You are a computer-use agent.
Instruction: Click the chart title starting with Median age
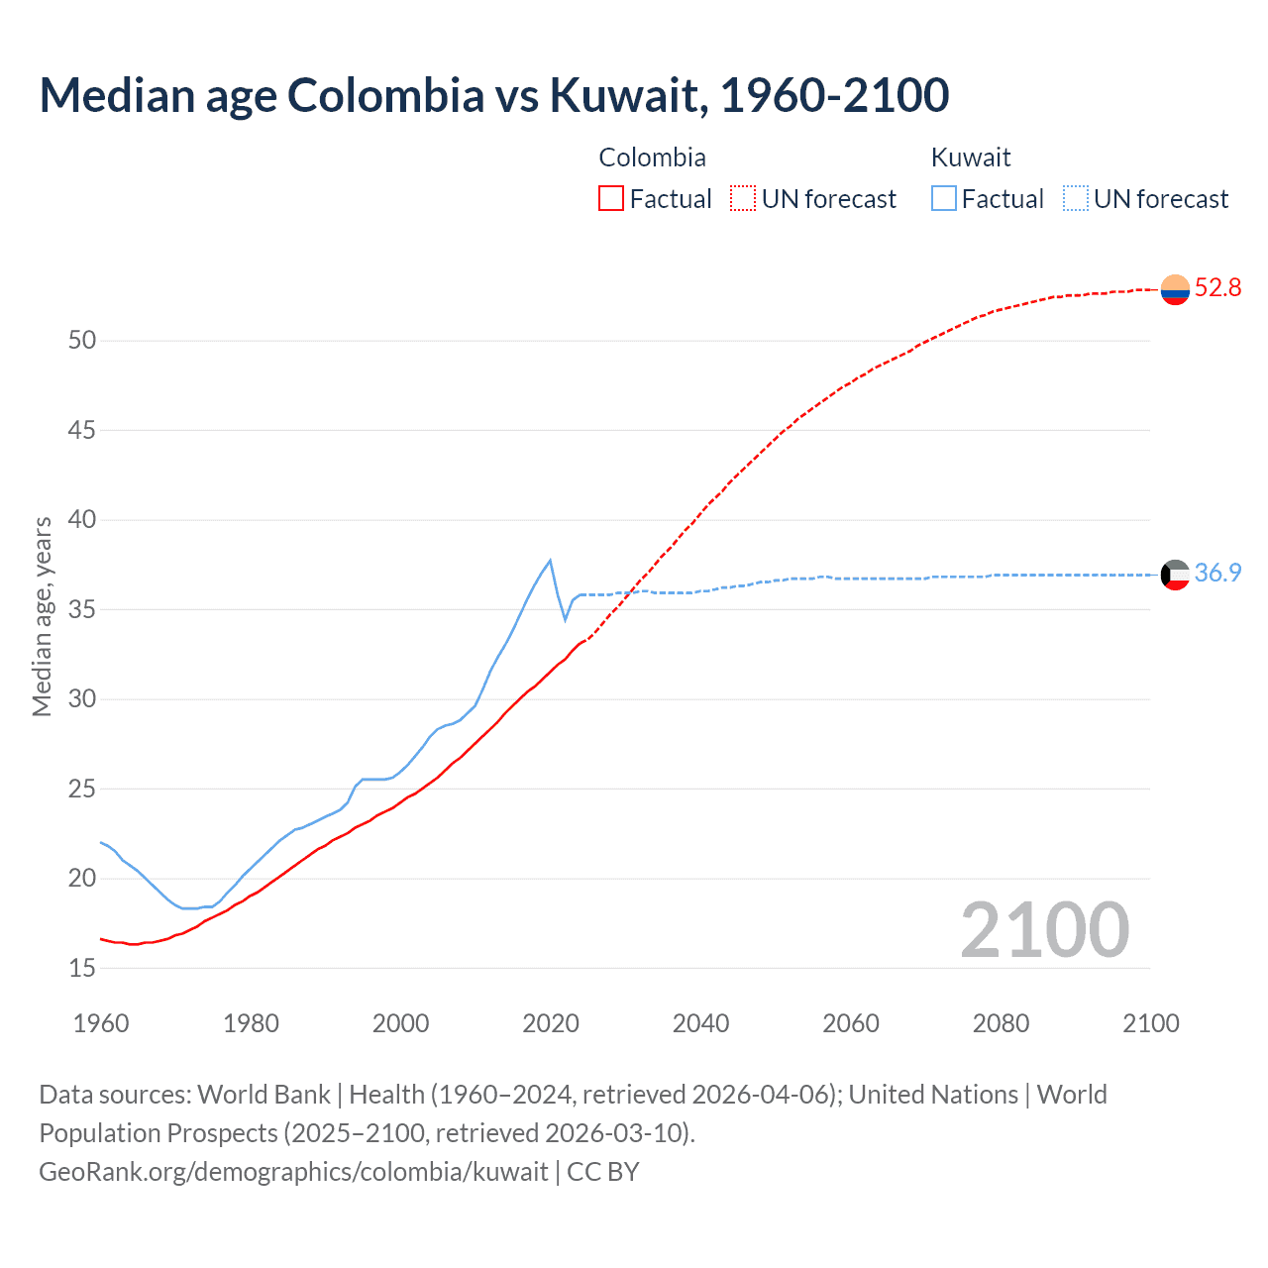point(493,95)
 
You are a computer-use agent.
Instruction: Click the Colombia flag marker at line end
point(1175,289)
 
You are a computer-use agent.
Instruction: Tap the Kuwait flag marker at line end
point(1175,575)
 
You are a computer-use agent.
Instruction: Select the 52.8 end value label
point(1217,288)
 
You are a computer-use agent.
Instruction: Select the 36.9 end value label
point(1217,574)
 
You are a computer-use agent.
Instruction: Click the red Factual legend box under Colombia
point(611,198)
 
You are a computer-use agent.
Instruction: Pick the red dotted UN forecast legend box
point(743,198)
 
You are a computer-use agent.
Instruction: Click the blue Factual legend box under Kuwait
point(944,198)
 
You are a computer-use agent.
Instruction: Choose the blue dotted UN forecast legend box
point(1076,198)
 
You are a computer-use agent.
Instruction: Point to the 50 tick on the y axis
point(82,341)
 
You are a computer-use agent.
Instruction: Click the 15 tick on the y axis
point(82,968)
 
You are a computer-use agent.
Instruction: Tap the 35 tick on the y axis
point(82,609)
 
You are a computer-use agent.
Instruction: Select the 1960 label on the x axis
point(101,1023)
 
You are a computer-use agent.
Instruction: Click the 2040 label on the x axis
point(700,1023)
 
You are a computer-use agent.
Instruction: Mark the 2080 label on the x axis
point(1001,1023)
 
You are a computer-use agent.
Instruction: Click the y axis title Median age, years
point(42,616)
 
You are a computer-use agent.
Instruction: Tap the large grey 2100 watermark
point(1044,929)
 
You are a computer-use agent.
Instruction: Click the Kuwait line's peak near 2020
point(550,561)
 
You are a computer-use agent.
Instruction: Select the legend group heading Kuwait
point(971,158)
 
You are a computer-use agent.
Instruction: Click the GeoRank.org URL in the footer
point(293,1172)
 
